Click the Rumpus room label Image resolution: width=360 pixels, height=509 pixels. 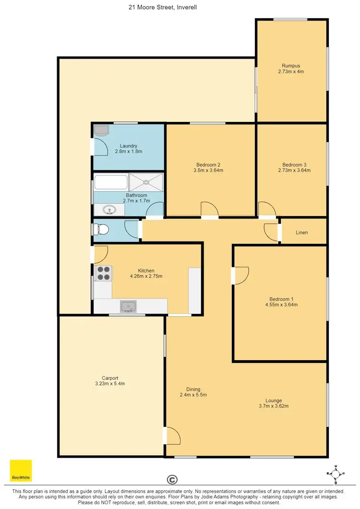pos(291,66)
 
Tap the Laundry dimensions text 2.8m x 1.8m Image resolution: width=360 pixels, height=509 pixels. pos(129,151)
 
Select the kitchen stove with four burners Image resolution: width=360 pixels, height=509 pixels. pos(103,273)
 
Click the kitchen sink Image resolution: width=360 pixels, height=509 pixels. pos(129,306)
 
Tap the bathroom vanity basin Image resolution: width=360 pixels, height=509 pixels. pos(109,209)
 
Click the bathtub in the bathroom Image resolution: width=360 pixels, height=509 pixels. pos(111,182)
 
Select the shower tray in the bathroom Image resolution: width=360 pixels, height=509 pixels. pos(146,182)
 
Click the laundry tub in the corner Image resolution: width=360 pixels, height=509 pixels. pos(101,130)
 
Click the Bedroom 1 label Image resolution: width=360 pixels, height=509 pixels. pos(281,299)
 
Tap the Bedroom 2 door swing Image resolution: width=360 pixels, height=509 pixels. pos(210,209)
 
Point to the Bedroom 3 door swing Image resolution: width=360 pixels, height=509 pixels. pos(266,209)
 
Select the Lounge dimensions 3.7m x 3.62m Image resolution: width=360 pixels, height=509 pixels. pos(274,406)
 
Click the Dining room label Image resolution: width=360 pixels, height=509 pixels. pos(193,389)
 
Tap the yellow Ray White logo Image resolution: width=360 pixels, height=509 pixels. pos(21,471)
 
